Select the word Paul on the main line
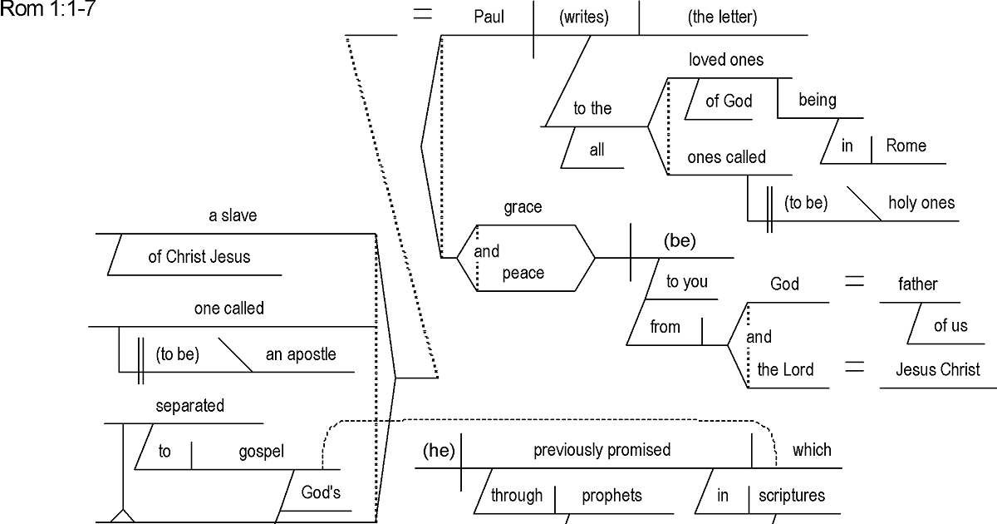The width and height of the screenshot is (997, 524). click(x=489, y=17)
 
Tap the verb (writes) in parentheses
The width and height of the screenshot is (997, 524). click(x=584, y=17)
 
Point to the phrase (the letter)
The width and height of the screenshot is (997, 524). click(x=722, y=17)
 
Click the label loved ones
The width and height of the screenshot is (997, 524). click(x=725, y=60)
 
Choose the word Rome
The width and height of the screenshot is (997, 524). click(x=906, y=146)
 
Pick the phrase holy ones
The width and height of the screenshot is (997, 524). click(x=921, y=202)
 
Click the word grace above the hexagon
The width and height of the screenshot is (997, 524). click(x=523, y=207)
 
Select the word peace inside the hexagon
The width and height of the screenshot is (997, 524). click(x=523, y=273)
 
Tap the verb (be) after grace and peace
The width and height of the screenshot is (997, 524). click(x=680, y=241)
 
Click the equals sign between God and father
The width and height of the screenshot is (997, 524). click(x=854, y=284)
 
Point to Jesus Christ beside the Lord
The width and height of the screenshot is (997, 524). click(x=937, y=369)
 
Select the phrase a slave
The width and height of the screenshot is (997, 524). click(x=233, y=215)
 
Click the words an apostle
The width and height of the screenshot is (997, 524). click(x=301, y=354)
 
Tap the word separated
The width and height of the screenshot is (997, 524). click(x=189, y=406)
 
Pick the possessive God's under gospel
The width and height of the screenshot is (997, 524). click(x=321, y=492)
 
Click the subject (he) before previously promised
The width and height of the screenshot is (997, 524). click(x=437, y=450)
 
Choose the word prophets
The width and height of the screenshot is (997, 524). click(x=611, y=495)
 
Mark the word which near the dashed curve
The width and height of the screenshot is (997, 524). click(x=811, y=450)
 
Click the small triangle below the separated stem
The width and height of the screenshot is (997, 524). click(x=123, y=516)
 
